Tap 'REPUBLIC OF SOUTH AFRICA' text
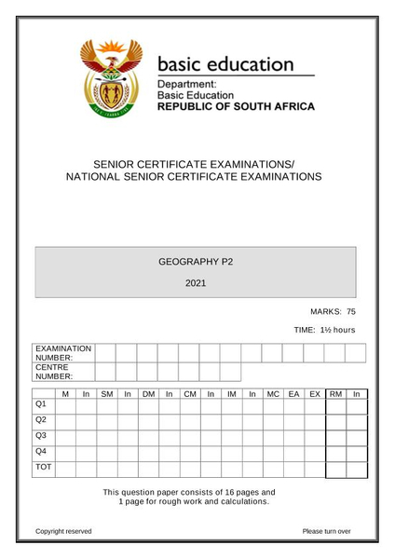(236, 106)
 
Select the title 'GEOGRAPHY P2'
(196, 262)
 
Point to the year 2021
(196, 282)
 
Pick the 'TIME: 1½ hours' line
(324, 330)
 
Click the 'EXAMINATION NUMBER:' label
(62, 353)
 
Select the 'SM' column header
(106, 395)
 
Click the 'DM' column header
(148, 395)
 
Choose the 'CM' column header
(190, 395)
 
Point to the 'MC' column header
(273, 395)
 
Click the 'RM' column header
(336, 395)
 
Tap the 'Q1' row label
(40, 405)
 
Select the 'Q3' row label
(40, 435)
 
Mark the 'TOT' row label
(43, 466)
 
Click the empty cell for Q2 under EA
(294, 421)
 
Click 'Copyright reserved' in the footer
(63, 531)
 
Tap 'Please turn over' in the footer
(326, 531)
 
